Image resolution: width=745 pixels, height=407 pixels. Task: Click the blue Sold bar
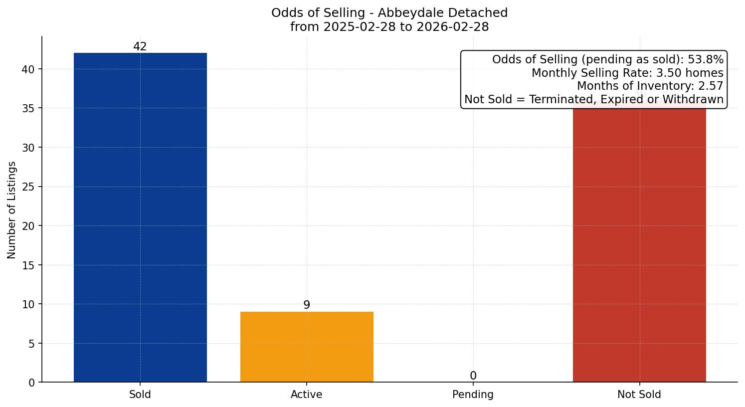[x=140, y=217]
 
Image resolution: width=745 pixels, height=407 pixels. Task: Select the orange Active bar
[x=307, y=347]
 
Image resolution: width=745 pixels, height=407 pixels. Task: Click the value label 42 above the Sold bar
[x=140, y=47]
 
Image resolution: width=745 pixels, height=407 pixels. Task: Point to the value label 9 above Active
[x=307, y=305]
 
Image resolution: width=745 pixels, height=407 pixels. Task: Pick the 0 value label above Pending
[x=473, y=376]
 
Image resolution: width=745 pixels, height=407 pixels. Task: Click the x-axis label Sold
[x=140, y=395]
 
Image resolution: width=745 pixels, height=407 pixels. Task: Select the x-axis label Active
[x=307, y=395]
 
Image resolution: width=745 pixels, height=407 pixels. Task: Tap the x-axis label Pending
[x=473, y=395]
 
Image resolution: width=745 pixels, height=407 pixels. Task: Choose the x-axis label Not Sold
[x=639, y=395]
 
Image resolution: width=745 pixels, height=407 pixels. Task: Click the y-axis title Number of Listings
[x=12, y=209]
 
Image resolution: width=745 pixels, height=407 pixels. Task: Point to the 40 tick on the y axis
[x=28, y=69]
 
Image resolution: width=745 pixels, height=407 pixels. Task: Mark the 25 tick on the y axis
[x=28, y=187]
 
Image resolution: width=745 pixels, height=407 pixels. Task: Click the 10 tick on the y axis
[x=28, y=304]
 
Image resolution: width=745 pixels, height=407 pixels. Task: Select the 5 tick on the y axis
[x=31, y=344]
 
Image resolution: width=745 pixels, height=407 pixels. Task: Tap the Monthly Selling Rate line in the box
[x=627, y=73]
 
